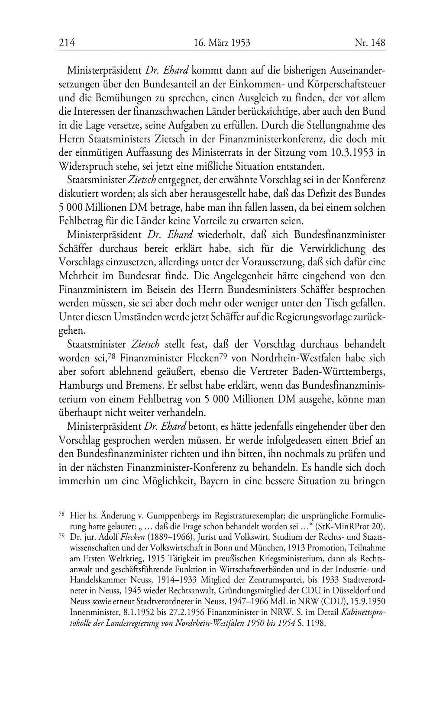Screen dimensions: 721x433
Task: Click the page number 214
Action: coord(67,43)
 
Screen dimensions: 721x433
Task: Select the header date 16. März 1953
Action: coord(222,43)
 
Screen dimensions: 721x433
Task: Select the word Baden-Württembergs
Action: coord(339,372)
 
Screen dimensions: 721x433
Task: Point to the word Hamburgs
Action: coord(78,386)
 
